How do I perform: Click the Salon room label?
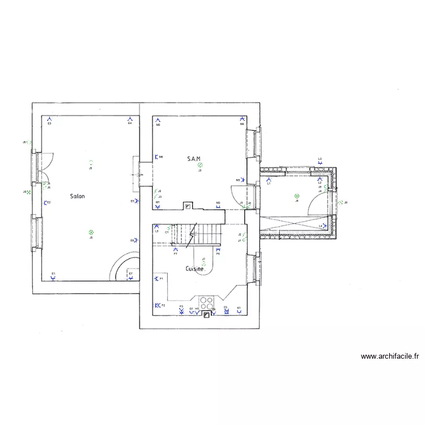pos(78,197)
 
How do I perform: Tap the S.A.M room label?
pos(194,159)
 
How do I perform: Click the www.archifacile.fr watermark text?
pos(390,356)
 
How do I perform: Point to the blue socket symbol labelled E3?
pos(50,119)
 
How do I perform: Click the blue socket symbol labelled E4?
pos(130,119)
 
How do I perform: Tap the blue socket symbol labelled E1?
pos(53,278)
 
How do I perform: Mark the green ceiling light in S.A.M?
pos(200,165)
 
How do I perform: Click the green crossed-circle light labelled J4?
pos(296,196)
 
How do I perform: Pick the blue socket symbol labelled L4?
pos(324,226)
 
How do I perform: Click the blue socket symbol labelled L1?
pos(269,180)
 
